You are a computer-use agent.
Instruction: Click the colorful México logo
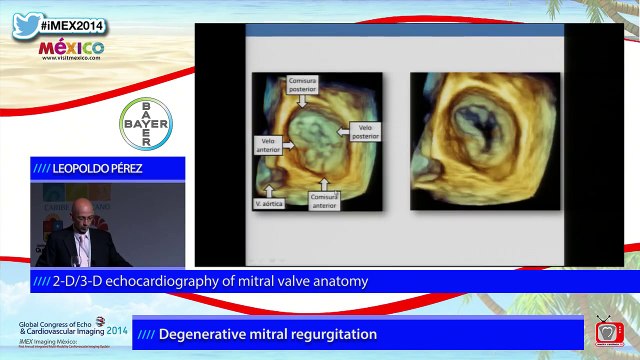coord(71,47)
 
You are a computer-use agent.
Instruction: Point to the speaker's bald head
coord(80,213)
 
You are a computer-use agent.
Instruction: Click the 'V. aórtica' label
coord(269,202)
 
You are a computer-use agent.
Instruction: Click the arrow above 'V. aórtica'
coord(268,185)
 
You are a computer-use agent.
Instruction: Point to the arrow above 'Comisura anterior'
coord(324,181)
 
